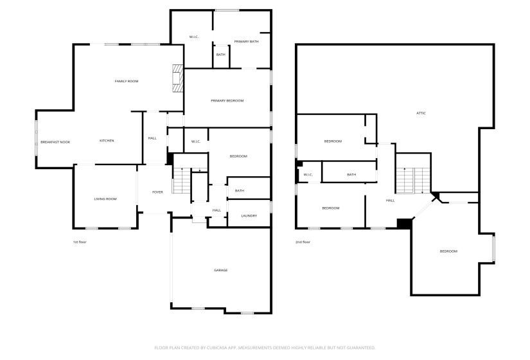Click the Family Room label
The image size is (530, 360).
click(x=127, y=81)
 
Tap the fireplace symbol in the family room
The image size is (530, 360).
click(x=177, y=78)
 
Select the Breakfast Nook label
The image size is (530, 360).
click(x=55, y=141)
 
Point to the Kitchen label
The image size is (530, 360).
click(x=107, y=141)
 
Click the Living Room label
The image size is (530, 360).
click(x=105, y=199)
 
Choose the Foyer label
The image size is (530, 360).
click(x=157, y=192)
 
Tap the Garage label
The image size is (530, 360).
click(x=220, y=270)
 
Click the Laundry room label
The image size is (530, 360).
click(x=249, y=215)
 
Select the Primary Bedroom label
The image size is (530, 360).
click(x=227, y=100)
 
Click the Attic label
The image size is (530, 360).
click(x=421, y=113)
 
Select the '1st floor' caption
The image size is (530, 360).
click(x=80, y=242)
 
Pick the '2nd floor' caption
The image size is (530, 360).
click(x=303, y=242)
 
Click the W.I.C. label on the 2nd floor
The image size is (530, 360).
click(x=308, y=174)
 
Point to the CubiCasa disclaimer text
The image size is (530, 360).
click(x=265, y=348)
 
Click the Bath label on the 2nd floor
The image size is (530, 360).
click(x=351, y=174)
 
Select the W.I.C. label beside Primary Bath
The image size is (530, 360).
click(x=193, y=37)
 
